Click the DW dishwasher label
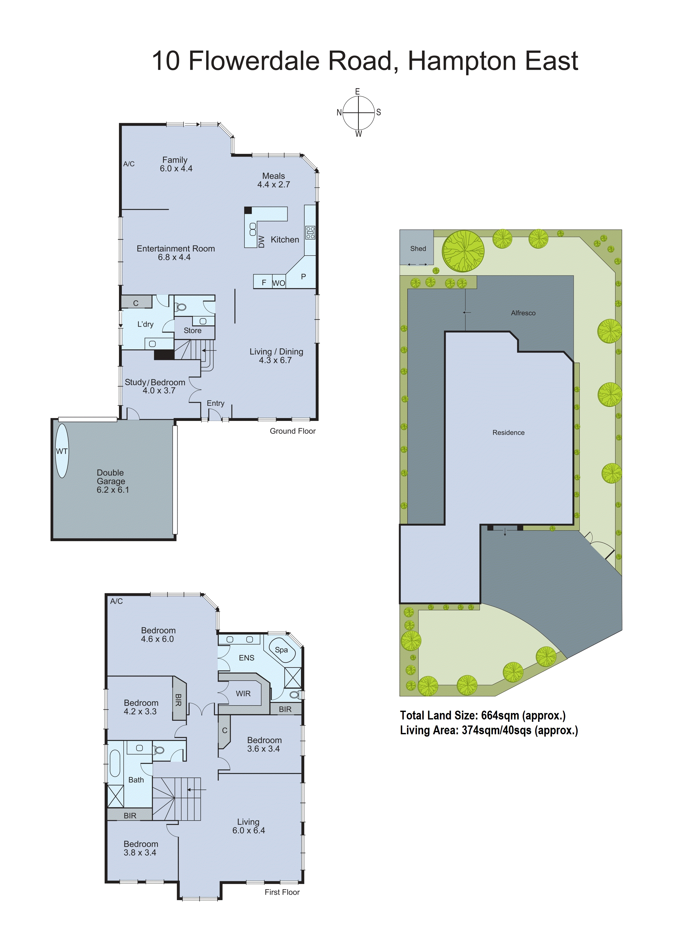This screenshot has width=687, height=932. [261, 242]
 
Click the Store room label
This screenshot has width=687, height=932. [193, 330]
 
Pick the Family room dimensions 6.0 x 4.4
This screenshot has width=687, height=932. [176, 169]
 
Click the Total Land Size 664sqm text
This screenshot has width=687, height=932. [482, 715]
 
